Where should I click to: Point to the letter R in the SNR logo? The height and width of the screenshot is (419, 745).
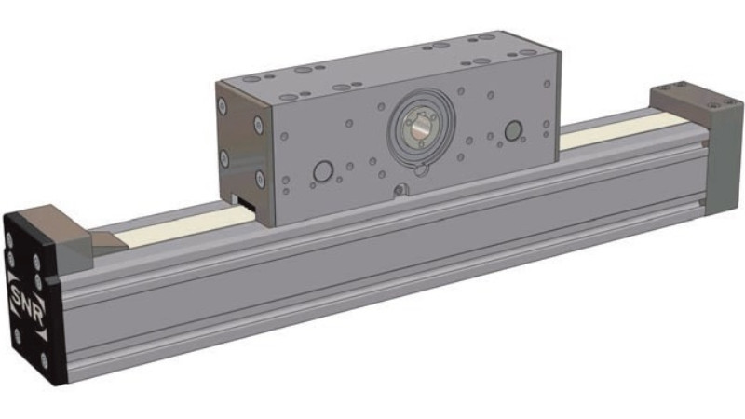pyautogui.click(x=38, y=315)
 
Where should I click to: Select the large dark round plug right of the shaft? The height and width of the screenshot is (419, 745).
pyautogui.click(x=513, y=130)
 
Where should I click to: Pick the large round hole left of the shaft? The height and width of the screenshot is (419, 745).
pyautogui.click(x=323, y=171)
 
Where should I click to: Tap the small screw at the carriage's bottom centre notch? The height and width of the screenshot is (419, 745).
pyautogui.click(x=400, y=191)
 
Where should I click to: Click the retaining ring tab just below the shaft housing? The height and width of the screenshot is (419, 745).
pyautogui.click(x=420, y=169)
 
